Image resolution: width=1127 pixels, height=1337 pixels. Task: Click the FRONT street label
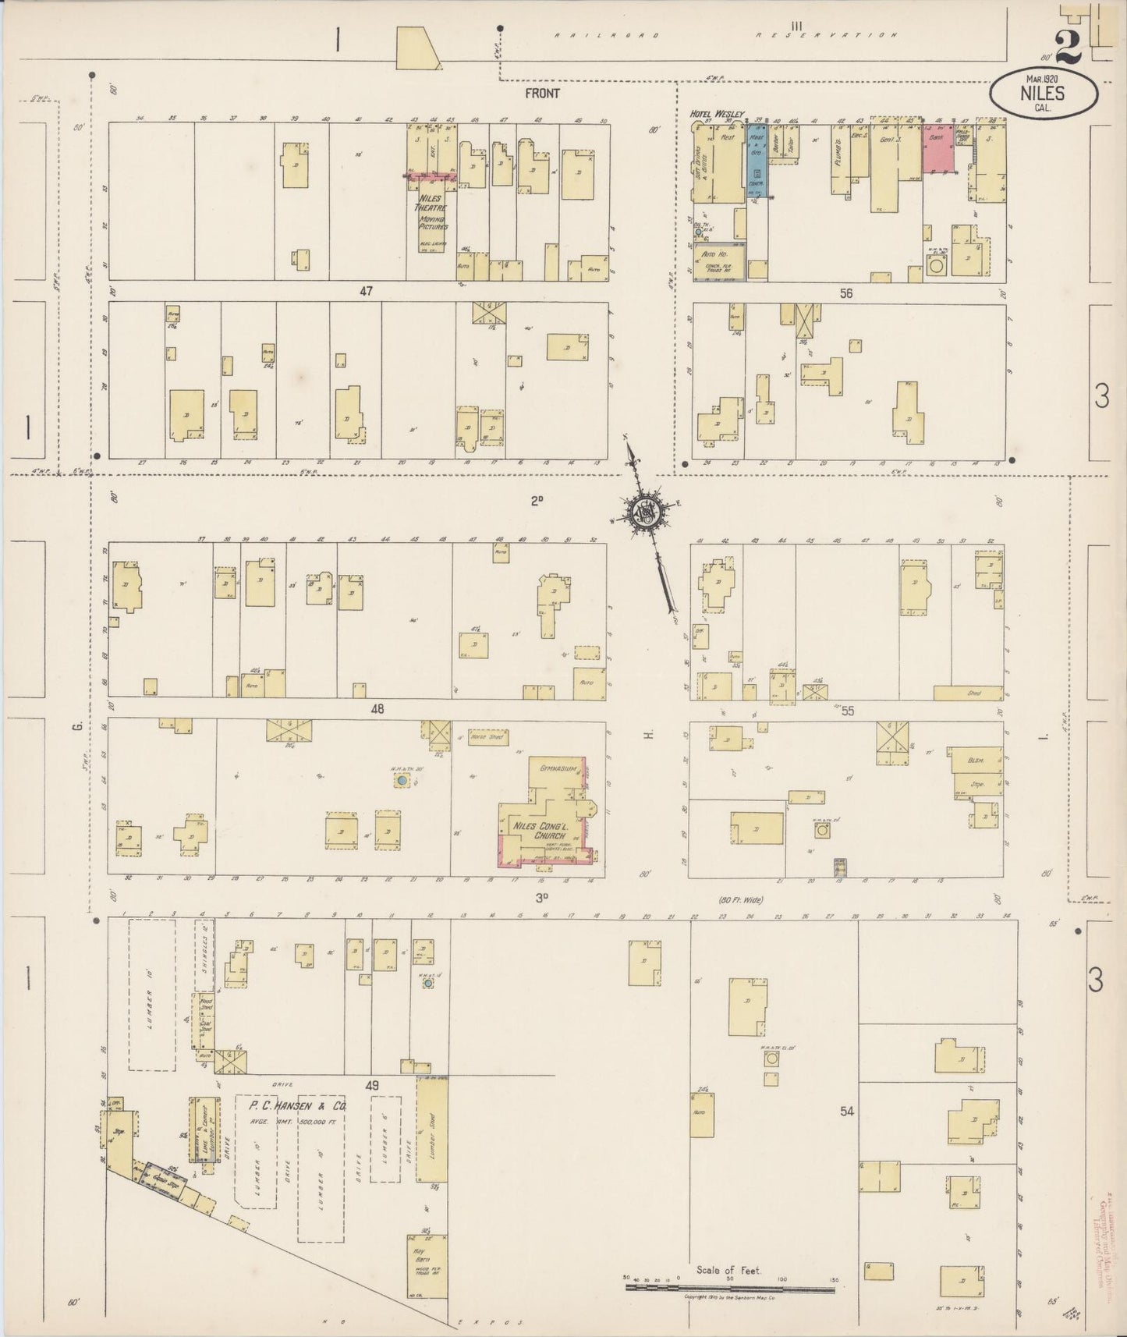pos(542,94)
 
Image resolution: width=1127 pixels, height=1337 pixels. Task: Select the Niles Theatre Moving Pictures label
pos(431,213)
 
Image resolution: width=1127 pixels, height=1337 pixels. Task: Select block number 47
pos(366,291)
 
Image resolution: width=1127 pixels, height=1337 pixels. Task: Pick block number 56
pos(846,293)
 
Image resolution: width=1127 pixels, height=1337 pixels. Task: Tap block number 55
pos(848,711)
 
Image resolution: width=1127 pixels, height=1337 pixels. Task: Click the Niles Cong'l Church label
pos(538,829)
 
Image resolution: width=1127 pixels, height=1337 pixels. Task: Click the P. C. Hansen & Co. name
pos(297,1106)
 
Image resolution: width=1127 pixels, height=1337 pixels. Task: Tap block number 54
pos(847,1111)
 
